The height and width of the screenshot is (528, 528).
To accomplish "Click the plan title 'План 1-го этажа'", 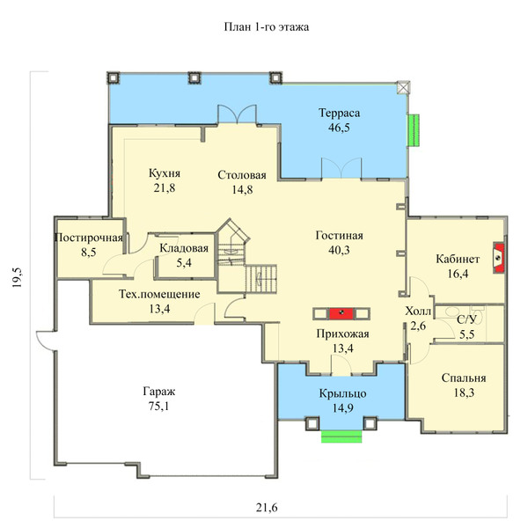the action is click(x=267, y=27).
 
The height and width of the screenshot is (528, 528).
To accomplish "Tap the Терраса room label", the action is click(x=339, y=113).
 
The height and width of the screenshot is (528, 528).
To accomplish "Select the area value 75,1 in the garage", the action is click(x=159, y=407).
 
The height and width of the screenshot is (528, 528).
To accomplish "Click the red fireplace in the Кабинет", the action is click(x=499, y=258).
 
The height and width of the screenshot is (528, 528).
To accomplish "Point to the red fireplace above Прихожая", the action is click(x=341, y=313).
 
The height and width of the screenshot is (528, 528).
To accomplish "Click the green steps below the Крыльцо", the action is click(x=341, y=436).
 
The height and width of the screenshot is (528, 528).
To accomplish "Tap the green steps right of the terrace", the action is click(x=414, y=130).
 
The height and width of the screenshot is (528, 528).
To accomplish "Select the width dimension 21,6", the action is click(x=267, y=507).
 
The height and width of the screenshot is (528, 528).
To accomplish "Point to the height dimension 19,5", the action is click(x=17, y=277).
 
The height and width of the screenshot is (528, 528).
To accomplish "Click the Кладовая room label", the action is click(x=184, y=248).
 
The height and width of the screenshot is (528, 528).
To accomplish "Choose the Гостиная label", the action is click(x=339, y=235).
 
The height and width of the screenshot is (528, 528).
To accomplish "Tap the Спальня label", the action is click(x=464, y=378).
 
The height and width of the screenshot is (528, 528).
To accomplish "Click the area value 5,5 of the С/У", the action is click(x=467, y=334).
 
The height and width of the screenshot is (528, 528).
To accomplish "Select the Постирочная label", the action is click(x=89, y=238).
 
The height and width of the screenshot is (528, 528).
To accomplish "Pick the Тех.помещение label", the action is click(x=159, y=294).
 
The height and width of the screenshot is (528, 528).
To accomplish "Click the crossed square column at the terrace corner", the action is click(x=403, y=87).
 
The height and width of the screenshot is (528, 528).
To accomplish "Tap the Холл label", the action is click(x=418, y=312).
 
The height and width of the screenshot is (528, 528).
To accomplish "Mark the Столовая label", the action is click(x=242, y=175).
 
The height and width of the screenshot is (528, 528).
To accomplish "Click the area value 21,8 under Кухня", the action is click(x=165, y=187).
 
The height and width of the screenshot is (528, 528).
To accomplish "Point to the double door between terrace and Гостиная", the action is click(x=341, y=168).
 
